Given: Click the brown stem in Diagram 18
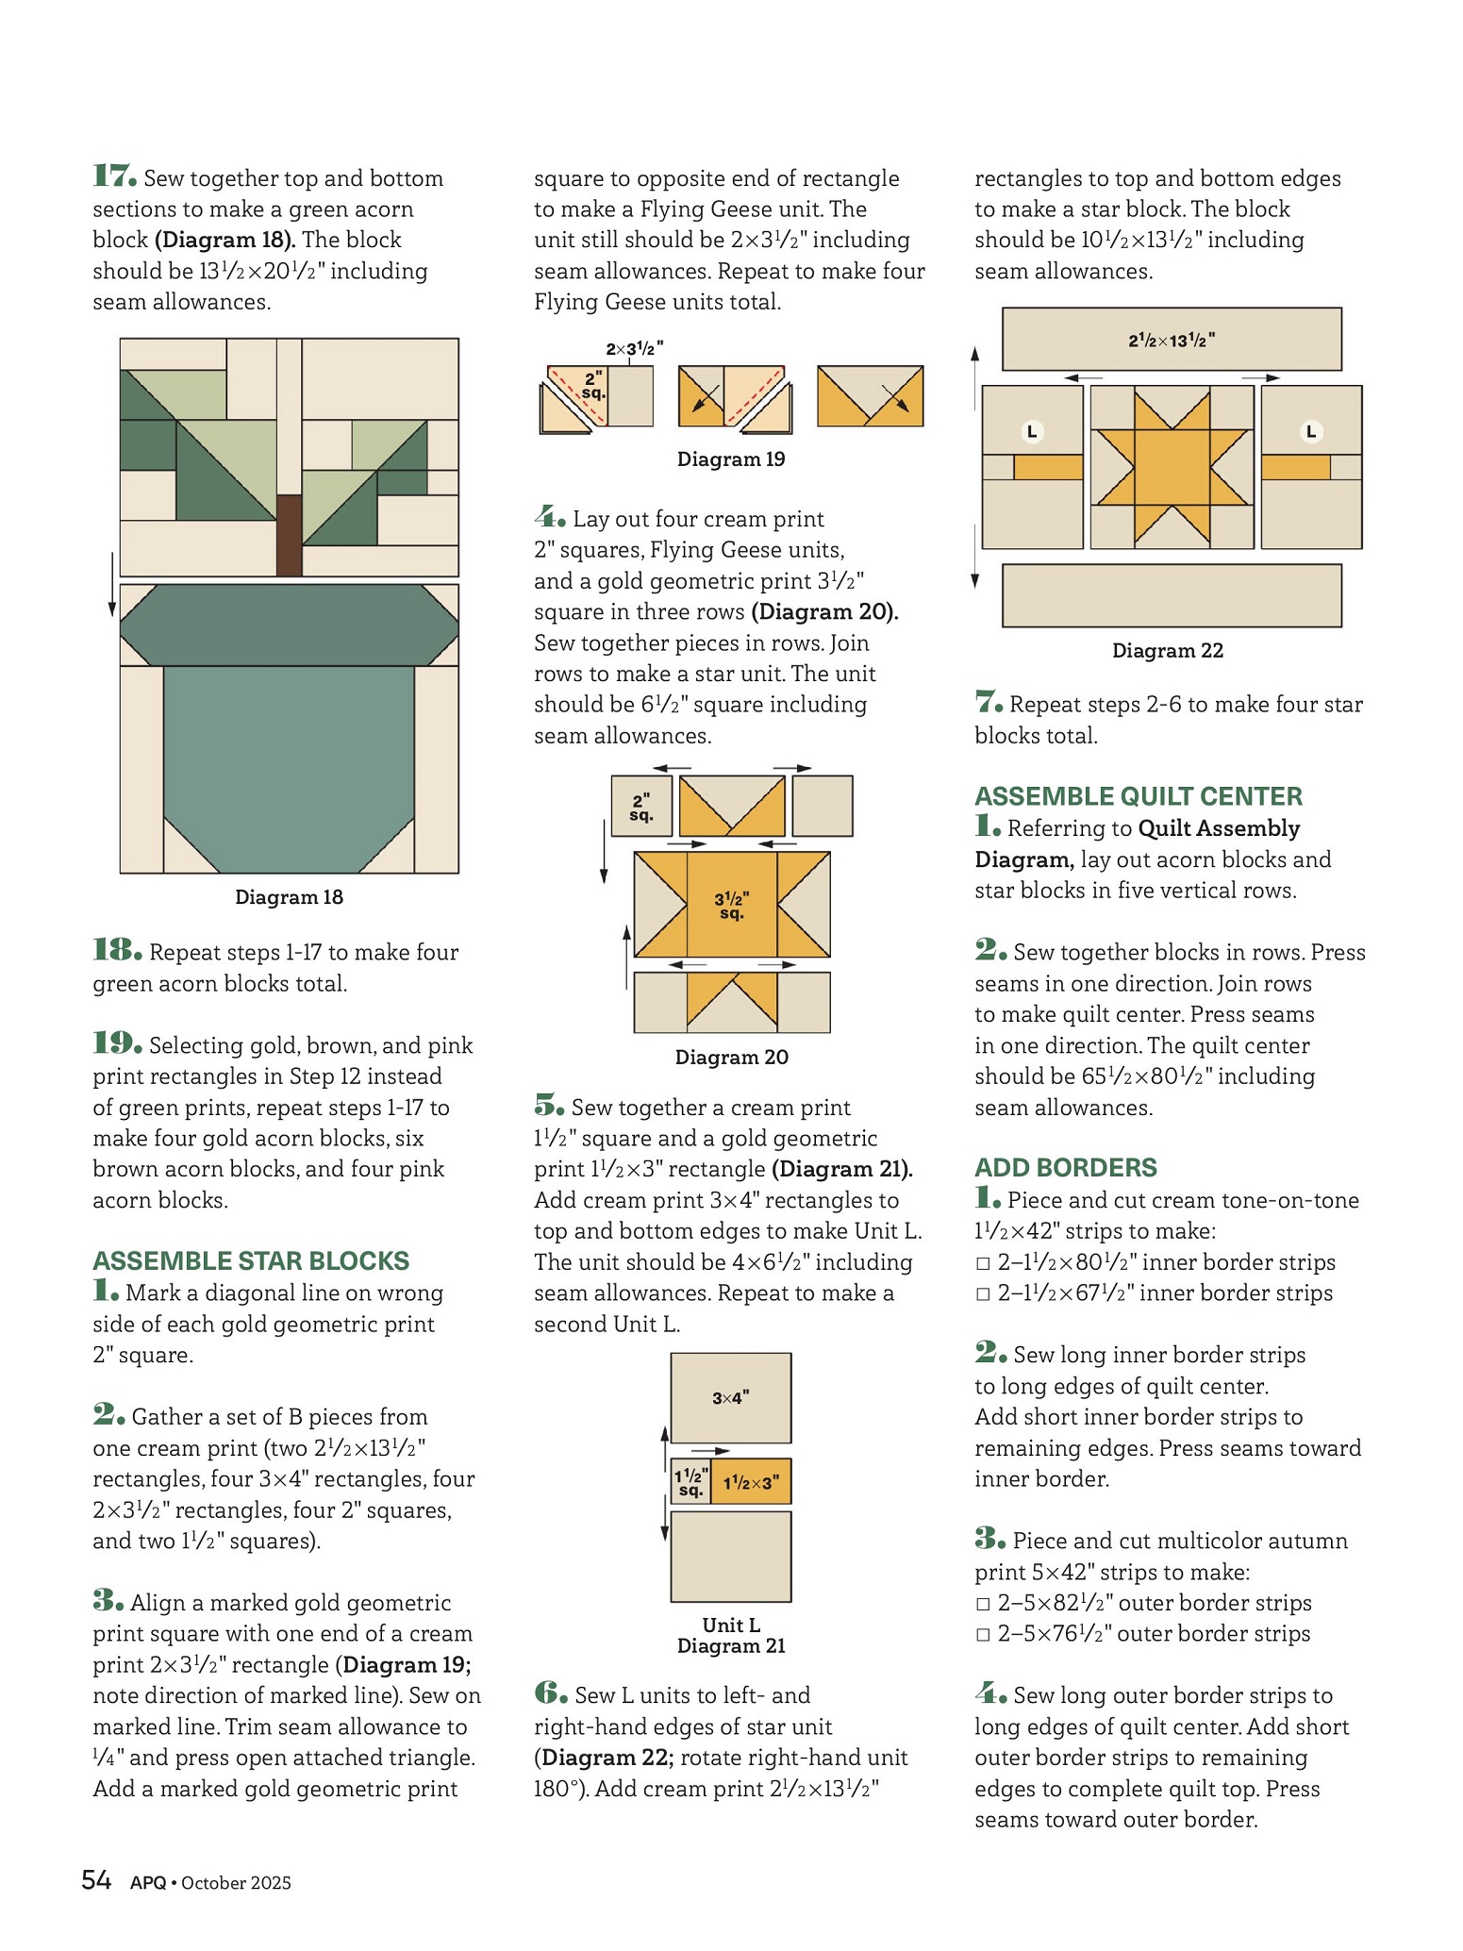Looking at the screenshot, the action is point(289,535).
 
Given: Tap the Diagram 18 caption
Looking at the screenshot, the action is point(289,897).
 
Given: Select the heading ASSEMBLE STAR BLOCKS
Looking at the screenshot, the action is point(251,1261).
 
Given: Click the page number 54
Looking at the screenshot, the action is point(96,1881).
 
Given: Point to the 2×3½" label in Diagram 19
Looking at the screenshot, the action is point(634,349).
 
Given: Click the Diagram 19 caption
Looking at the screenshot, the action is point(731,459).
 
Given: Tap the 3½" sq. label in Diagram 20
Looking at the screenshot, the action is point(732,906).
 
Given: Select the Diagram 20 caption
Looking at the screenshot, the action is point(731,1058).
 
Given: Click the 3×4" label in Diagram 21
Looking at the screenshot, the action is point(731,1398).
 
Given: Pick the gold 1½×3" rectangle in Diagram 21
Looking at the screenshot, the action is point(751,1482).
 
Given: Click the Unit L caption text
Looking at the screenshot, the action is point(731,1625).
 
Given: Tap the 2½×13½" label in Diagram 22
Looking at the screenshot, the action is point(1172,341).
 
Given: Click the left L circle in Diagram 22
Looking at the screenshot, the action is point(1032,432).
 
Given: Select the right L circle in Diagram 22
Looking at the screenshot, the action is point(1310,432).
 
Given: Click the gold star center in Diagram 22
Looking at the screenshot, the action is point(1172,467).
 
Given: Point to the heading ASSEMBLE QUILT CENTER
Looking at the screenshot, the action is point(1139,797).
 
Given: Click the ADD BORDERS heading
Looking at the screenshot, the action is point(1066,1168).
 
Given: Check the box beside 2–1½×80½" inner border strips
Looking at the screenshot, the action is point(983,1264).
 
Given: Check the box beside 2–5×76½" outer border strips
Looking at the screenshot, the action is point(983,1635).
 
